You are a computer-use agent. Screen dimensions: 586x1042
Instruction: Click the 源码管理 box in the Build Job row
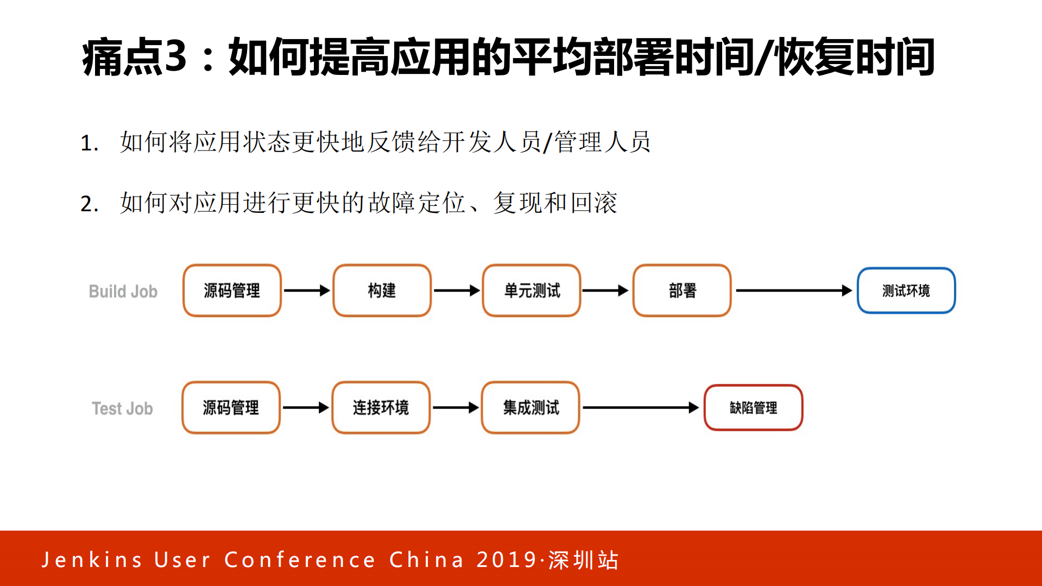click(x=232, y=291)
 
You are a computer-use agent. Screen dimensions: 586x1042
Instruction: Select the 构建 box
click(x=382, y=291)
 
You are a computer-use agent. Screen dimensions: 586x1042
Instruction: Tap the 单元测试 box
click(x=532, y=291)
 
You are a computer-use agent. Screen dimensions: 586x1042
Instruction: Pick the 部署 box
click(x=682, y=291)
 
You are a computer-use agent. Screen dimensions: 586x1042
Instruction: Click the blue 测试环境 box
click(x=906, y=291)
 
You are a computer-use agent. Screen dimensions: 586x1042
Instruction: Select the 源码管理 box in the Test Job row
click(x=231, y=407)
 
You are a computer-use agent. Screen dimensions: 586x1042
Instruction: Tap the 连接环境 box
click(x=381, y=407)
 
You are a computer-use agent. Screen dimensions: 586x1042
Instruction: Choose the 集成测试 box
click(x=531, y=407)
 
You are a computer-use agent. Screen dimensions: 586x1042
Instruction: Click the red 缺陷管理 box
click(x=753, y=407)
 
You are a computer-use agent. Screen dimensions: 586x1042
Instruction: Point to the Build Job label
click(x=123, y=292)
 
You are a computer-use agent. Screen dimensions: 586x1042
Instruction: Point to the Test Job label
click(x=122, y=408)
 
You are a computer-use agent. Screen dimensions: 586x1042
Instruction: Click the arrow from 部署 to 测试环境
click(x=793, y=291)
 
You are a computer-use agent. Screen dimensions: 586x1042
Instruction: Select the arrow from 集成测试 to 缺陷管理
click(x=641, y=407)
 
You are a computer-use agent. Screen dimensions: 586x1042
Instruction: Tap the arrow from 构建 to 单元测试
click(x=457, y=291)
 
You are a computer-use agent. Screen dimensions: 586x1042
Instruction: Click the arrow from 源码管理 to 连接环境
click(x=306, y=407)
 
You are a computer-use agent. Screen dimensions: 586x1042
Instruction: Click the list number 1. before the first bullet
click(x=89, y=143)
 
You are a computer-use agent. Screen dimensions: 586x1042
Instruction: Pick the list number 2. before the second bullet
click(x=89, y=204)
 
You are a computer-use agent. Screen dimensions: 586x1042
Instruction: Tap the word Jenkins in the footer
click(x=92, y=559)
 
